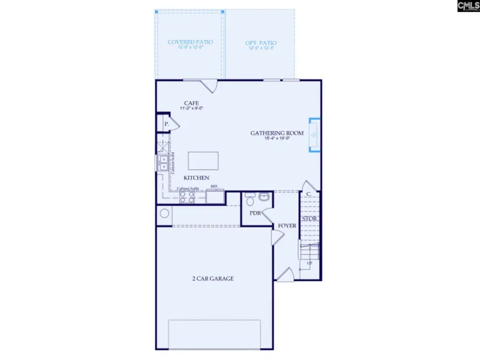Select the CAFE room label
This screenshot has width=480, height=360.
point(191,103)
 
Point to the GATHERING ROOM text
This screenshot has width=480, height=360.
point(277,133)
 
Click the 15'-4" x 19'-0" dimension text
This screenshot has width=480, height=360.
point(277,139)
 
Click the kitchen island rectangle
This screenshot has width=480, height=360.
point(203,161)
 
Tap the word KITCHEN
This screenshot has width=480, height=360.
point(196,178)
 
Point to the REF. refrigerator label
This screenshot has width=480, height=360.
point(214,187)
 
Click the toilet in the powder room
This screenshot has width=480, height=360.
point(250,200)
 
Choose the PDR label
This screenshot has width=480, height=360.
point(255,213)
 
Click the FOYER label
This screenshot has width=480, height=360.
point(286,226)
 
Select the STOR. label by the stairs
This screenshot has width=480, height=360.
point(309,219)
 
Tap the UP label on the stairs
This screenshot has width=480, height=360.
point(309,263)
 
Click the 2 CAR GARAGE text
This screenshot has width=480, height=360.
point(213,278)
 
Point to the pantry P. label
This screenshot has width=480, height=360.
point(167,124)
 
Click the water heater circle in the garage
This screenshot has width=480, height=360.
point(165,214)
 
